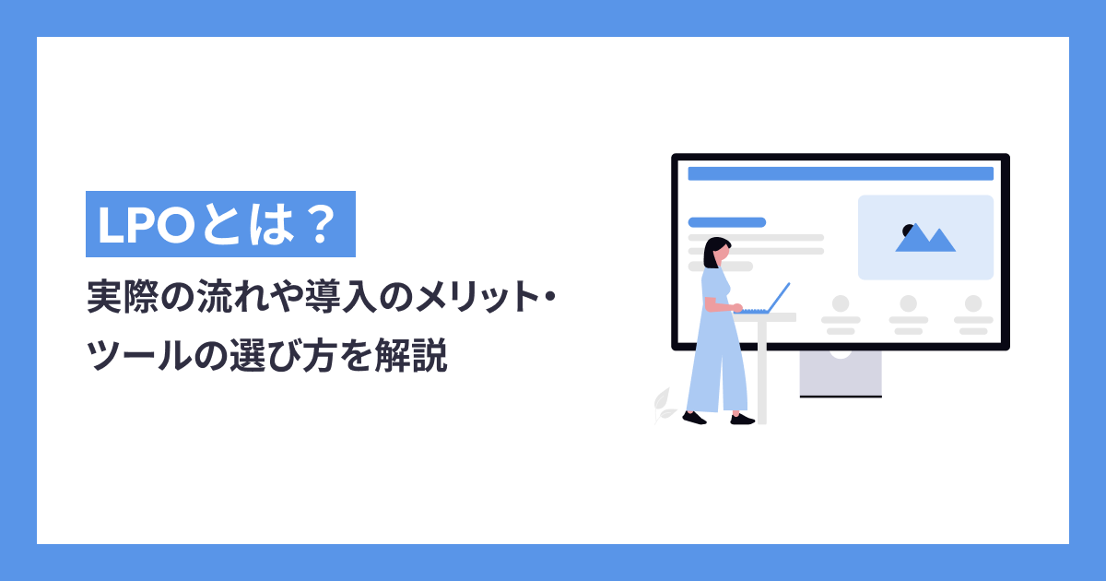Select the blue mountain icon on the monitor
927,240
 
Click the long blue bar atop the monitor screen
840,173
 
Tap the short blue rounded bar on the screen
726,222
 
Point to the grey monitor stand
840,373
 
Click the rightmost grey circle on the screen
973,303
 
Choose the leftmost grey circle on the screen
840,303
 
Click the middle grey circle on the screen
908,303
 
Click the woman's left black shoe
694,418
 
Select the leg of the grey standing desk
761,369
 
